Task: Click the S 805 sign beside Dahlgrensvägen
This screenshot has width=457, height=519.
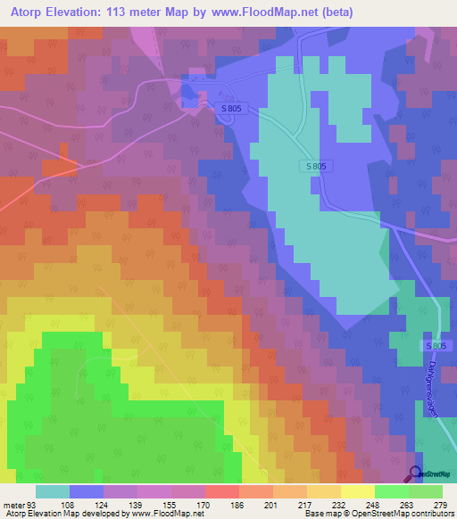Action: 435,346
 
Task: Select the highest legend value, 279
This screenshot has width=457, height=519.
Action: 442,503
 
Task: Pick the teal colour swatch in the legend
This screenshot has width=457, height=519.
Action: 53,491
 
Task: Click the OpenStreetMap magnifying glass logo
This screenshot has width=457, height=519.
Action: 415,474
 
